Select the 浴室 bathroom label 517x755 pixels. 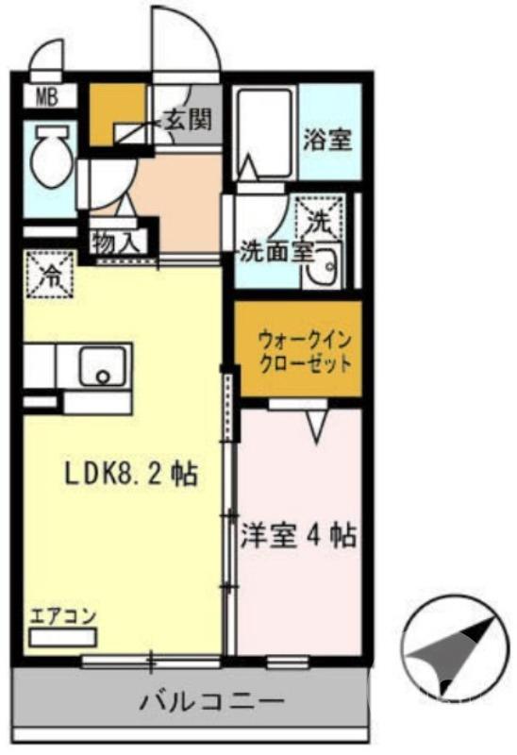pos(327,141)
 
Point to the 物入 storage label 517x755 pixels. pos(116,242)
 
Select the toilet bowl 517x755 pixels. pos(48,159)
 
